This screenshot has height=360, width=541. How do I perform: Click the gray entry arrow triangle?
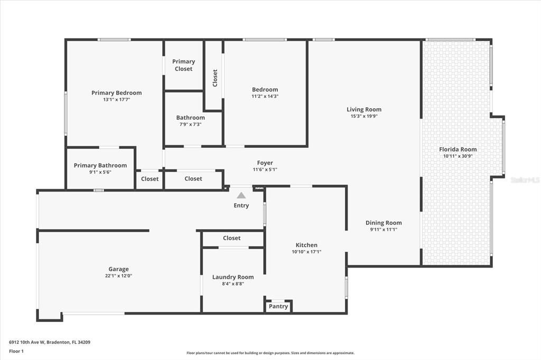pyautogui.click(x=241, y=195)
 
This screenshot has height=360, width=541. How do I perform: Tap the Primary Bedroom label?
pyautogui.click(x=116, y=93)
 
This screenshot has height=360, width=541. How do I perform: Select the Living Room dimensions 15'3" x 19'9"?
pyautogui.click(x=364, y=116)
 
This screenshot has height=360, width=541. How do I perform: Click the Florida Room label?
pyautogui.click(x=458, y=149)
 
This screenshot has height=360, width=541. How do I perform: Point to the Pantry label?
pyautogui.click(x=278, y=307)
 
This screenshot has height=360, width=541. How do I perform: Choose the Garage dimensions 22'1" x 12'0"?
pyautogui.click(x=118, y=276)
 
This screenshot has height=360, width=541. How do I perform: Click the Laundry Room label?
pyautogui.click(x=233, y=277)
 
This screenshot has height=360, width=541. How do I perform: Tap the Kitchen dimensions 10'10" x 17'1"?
pyautogui.click(x=306, y=252)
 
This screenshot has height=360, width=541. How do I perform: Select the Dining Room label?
pyautogui.click(x=384, y=223)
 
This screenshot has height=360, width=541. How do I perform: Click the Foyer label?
pyautogui.click(x=265, y=163)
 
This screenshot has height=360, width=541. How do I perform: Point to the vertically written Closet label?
pyautogui.click(x=215, y=78)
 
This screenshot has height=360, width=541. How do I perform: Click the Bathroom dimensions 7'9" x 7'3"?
pyautogui.click(x=190, y=125)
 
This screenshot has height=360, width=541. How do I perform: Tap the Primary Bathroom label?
pyautogui.click(x=100, y=165)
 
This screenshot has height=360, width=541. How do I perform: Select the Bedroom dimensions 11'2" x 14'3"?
pyautogui.click(x=265, y=96)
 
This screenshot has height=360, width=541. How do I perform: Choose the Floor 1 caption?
pyautogui.click(x=16, y=351)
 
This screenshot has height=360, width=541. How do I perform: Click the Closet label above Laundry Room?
pyautogui.click(x=231, y=238)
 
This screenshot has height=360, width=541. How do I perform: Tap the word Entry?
pyautogui.click(x=241, y=205)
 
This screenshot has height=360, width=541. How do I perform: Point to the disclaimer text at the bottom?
pyautogui.click(x=270, y=353)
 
